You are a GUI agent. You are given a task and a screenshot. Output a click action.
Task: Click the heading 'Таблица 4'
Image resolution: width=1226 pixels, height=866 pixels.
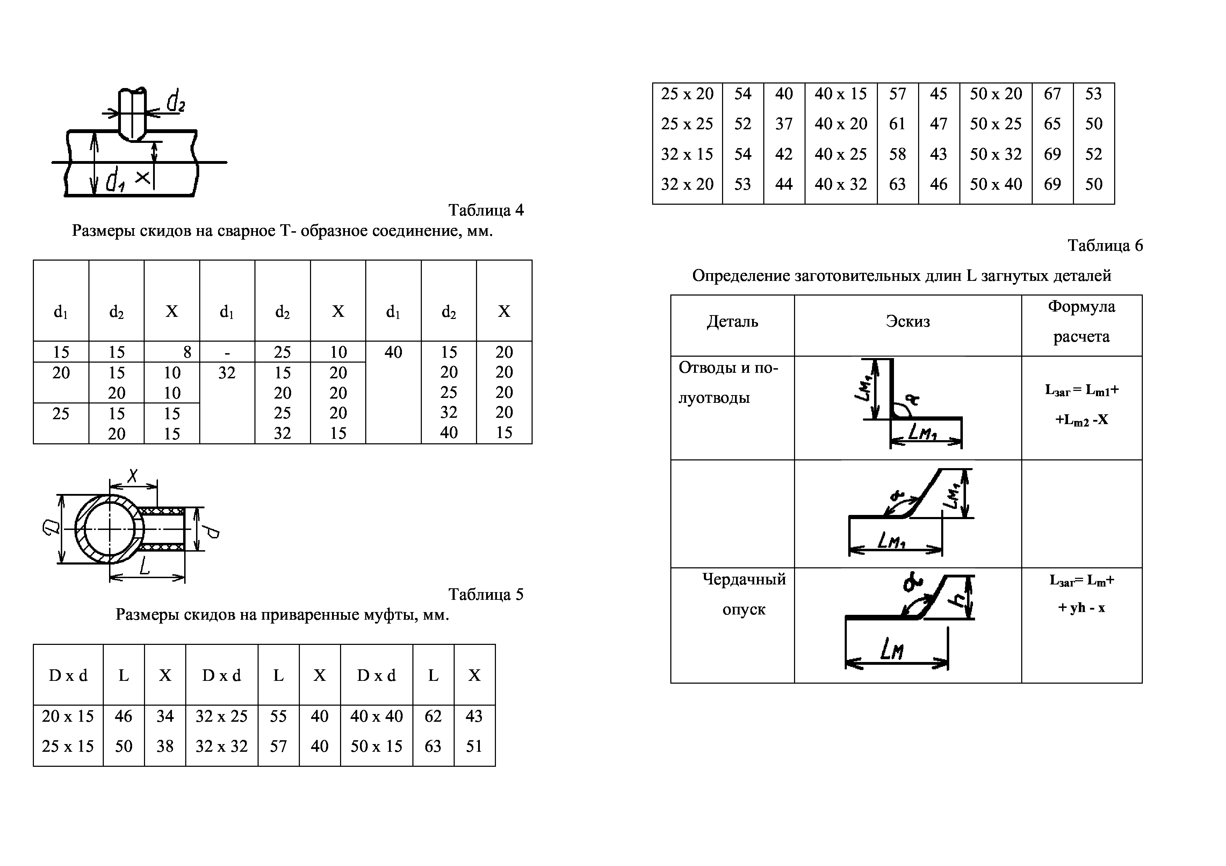(x=486, y=210)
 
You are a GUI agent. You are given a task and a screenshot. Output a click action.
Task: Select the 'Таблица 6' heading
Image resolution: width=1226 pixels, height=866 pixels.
(x=1105, y=246)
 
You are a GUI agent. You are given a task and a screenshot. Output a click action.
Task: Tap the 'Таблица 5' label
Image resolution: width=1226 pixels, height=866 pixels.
(x=486, y=595)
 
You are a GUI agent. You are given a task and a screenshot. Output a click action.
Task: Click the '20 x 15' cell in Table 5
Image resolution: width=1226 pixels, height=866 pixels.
(x=68, y=716)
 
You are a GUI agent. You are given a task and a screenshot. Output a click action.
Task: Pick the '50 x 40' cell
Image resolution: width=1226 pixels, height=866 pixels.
(x=995, y=184)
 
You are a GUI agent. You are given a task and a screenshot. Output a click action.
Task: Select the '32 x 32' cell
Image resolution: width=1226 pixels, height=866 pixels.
(x=222, y=746)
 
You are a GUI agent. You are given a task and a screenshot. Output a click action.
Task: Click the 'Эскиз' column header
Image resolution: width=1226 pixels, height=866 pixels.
(x=907, y=321)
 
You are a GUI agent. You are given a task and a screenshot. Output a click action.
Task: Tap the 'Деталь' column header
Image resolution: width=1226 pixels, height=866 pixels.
(x=732, y=321)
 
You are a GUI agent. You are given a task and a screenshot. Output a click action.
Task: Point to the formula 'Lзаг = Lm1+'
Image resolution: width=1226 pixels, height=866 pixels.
(x=1082, y=390)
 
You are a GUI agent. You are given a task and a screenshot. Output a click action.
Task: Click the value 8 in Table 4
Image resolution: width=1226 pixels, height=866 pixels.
(x=187, y=352)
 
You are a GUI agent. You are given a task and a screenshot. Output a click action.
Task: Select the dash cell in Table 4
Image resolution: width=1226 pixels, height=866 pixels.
(x=227, y=352)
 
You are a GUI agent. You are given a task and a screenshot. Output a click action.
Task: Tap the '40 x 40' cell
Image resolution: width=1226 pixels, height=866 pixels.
(x=376, y=716)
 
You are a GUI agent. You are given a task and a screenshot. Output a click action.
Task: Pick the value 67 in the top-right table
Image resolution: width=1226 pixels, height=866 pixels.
(x=1052, y=94)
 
